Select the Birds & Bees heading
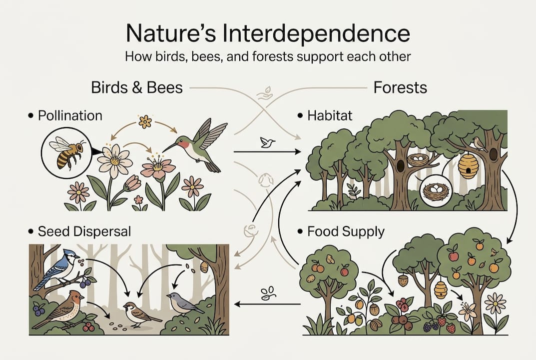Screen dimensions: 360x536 click(136, 88)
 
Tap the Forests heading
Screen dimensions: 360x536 click(400, 88)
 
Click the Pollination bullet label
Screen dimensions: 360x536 click(70, 116)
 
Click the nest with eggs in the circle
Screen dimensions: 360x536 click(435, 192)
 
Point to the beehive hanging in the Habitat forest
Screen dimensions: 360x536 click(469, 165)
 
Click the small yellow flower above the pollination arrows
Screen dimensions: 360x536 click(145, 121)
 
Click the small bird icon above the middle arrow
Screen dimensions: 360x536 click(267, 143)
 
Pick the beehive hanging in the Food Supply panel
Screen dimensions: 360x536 click(441, 289)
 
